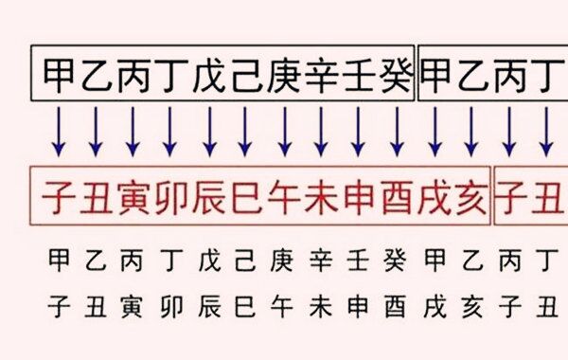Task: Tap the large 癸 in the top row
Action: (395, 72)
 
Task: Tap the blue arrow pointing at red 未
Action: (320, 132)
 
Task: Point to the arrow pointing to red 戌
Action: (433, 132)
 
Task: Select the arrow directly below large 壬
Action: (358, 132)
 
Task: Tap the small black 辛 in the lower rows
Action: (320, 259)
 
